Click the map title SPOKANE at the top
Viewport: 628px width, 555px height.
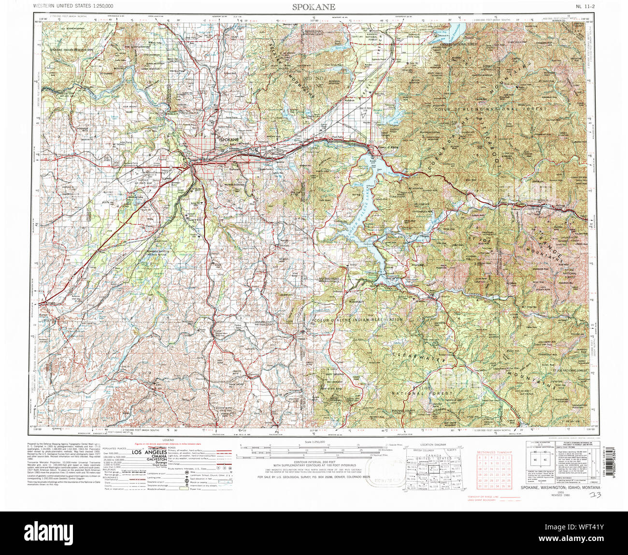[x=314, y=7]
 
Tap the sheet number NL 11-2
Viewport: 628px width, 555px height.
[x=585, y=6]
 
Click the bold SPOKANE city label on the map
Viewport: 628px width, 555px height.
[x=229, y=140]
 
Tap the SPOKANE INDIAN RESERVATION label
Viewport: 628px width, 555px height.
[x=71, y=50]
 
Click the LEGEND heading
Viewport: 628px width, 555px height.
[x=168, y=440]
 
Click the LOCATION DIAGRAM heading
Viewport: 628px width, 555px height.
[x=433, y=444]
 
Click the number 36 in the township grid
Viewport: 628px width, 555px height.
[x=509, y=487]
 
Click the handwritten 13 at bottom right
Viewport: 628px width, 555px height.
[x=596, y=495]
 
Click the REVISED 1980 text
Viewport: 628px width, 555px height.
[x=555, y=495]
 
